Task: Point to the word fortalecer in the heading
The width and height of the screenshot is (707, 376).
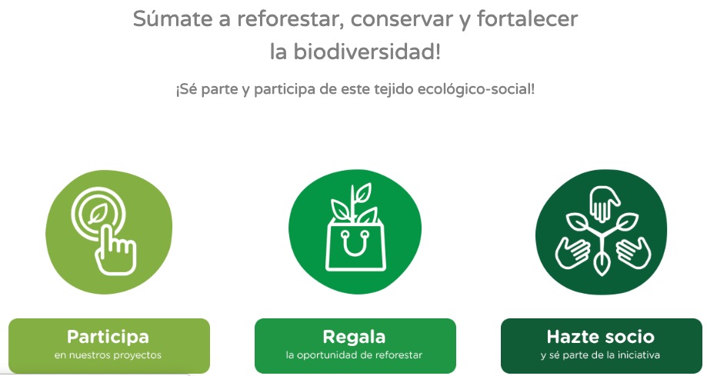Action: pyautogui.click(x=528, y=20)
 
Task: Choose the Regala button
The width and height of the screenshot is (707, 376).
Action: pyautogui.click(x=355, y=345)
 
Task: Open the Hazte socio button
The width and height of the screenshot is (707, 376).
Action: pyautogui.click(x=602, y=345)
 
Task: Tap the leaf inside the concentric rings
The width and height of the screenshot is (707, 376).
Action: pyautogui.click(x=98, y=214)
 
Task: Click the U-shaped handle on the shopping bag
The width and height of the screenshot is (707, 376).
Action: pyautogui.click(x=355, y=244)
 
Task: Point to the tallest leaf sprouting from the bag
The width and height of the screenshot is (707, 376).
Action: pyautogui.click(x=362, y=193)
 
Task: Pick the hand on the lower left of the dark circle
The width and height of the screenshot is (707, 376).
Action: pyautogui.click(x=572, y=253)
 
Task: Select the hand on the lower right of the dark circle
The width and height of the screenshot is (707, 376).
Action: pyautogui.click(x=633, y=253)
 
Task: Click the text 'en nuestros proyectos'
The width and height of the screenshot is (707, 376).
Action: pyautogui.click(x=108, y=355)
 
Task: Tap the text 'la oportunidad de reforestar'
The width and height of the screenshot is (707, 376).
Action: pyautogui.click(x=354, y=355)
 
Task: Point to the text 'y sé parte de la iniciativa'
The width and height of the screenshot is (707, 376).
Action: pyautogui.click(x=600, y=355)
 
